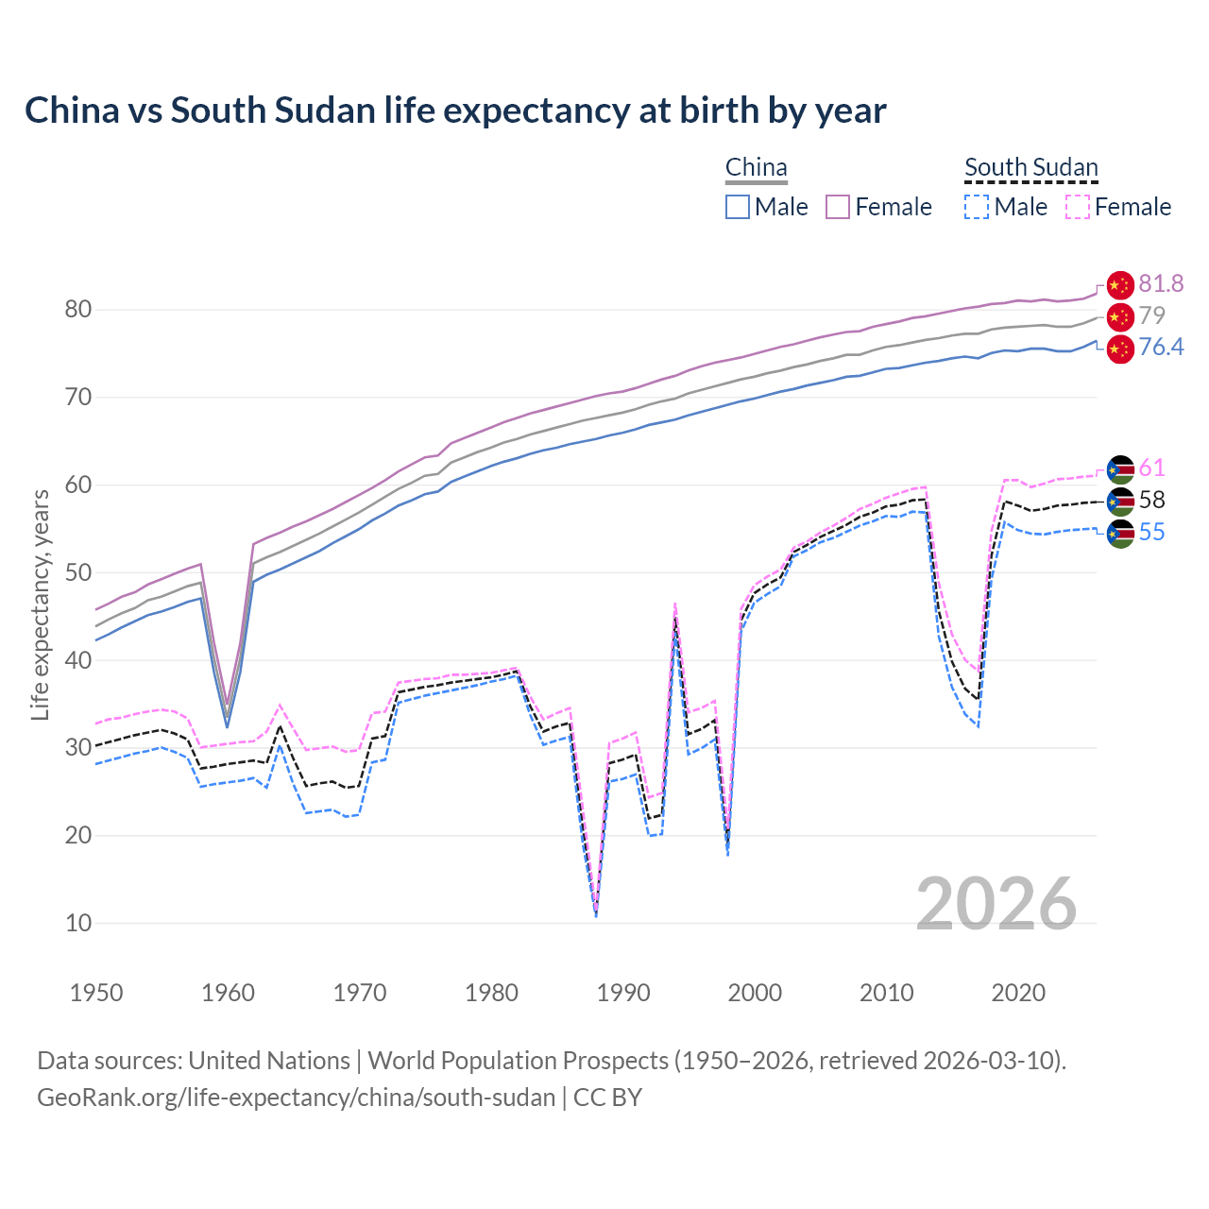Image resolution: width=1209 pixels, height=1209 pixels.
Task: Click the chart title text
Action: pos(455,111)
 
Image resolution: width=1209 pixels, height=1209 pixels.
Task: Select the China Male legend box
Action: pos(738,207)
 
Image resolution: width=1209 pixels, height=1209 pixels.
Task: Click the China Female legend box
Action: pos(839,207)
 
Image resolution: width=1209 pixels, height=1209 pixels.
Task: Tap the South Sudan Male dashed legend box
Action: pos(977,207)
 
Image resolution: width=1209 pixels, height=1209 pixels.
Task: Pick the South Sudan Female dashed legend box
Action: pos(1078,207)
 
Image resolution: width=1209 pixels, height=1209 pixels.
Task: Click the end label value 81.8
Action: pos(1161,283)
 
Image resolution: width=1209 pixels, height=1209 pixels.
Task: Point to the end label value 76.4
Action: pos(1161,348)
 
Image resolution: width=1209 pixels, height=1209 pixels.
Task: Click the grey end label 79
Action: pos(1151,315)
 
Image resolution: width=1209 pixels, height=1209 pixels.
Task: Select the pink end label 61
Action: pos(1151,468)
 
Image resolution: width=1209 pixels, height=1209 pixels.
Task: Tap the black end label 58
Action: pos(1151,501)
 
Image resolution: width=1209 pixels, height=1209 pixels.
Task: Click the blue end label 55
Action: pos(1151,533)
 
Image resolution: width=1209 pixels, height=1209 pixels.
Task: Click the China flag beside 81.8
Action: pos(1119,284)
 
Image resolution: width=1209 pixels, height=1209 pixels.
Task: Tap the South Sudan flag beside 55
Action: pos(1119,534)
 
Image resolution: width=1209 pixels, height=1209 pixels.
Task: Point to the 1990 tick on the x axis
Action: pos(623,993)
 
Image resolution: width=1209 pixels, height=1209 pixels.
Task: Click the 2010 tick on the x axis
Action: pos(886,993)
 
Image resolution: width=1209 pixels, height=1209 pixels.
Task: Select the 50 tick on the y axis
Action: pos(78,573)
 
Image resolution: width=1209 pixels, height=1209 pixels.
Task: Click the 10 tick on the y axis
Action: pos(78,924)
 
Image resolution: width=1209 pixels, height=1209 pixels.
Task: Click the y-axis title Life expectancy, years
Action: pos(40,604)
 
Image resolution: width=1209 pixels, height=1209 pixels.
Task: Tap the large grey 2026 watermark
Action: pos(996,904)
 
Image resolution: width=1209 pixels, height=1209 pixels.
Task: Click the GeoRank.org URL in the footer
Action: pos(296,1098)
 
